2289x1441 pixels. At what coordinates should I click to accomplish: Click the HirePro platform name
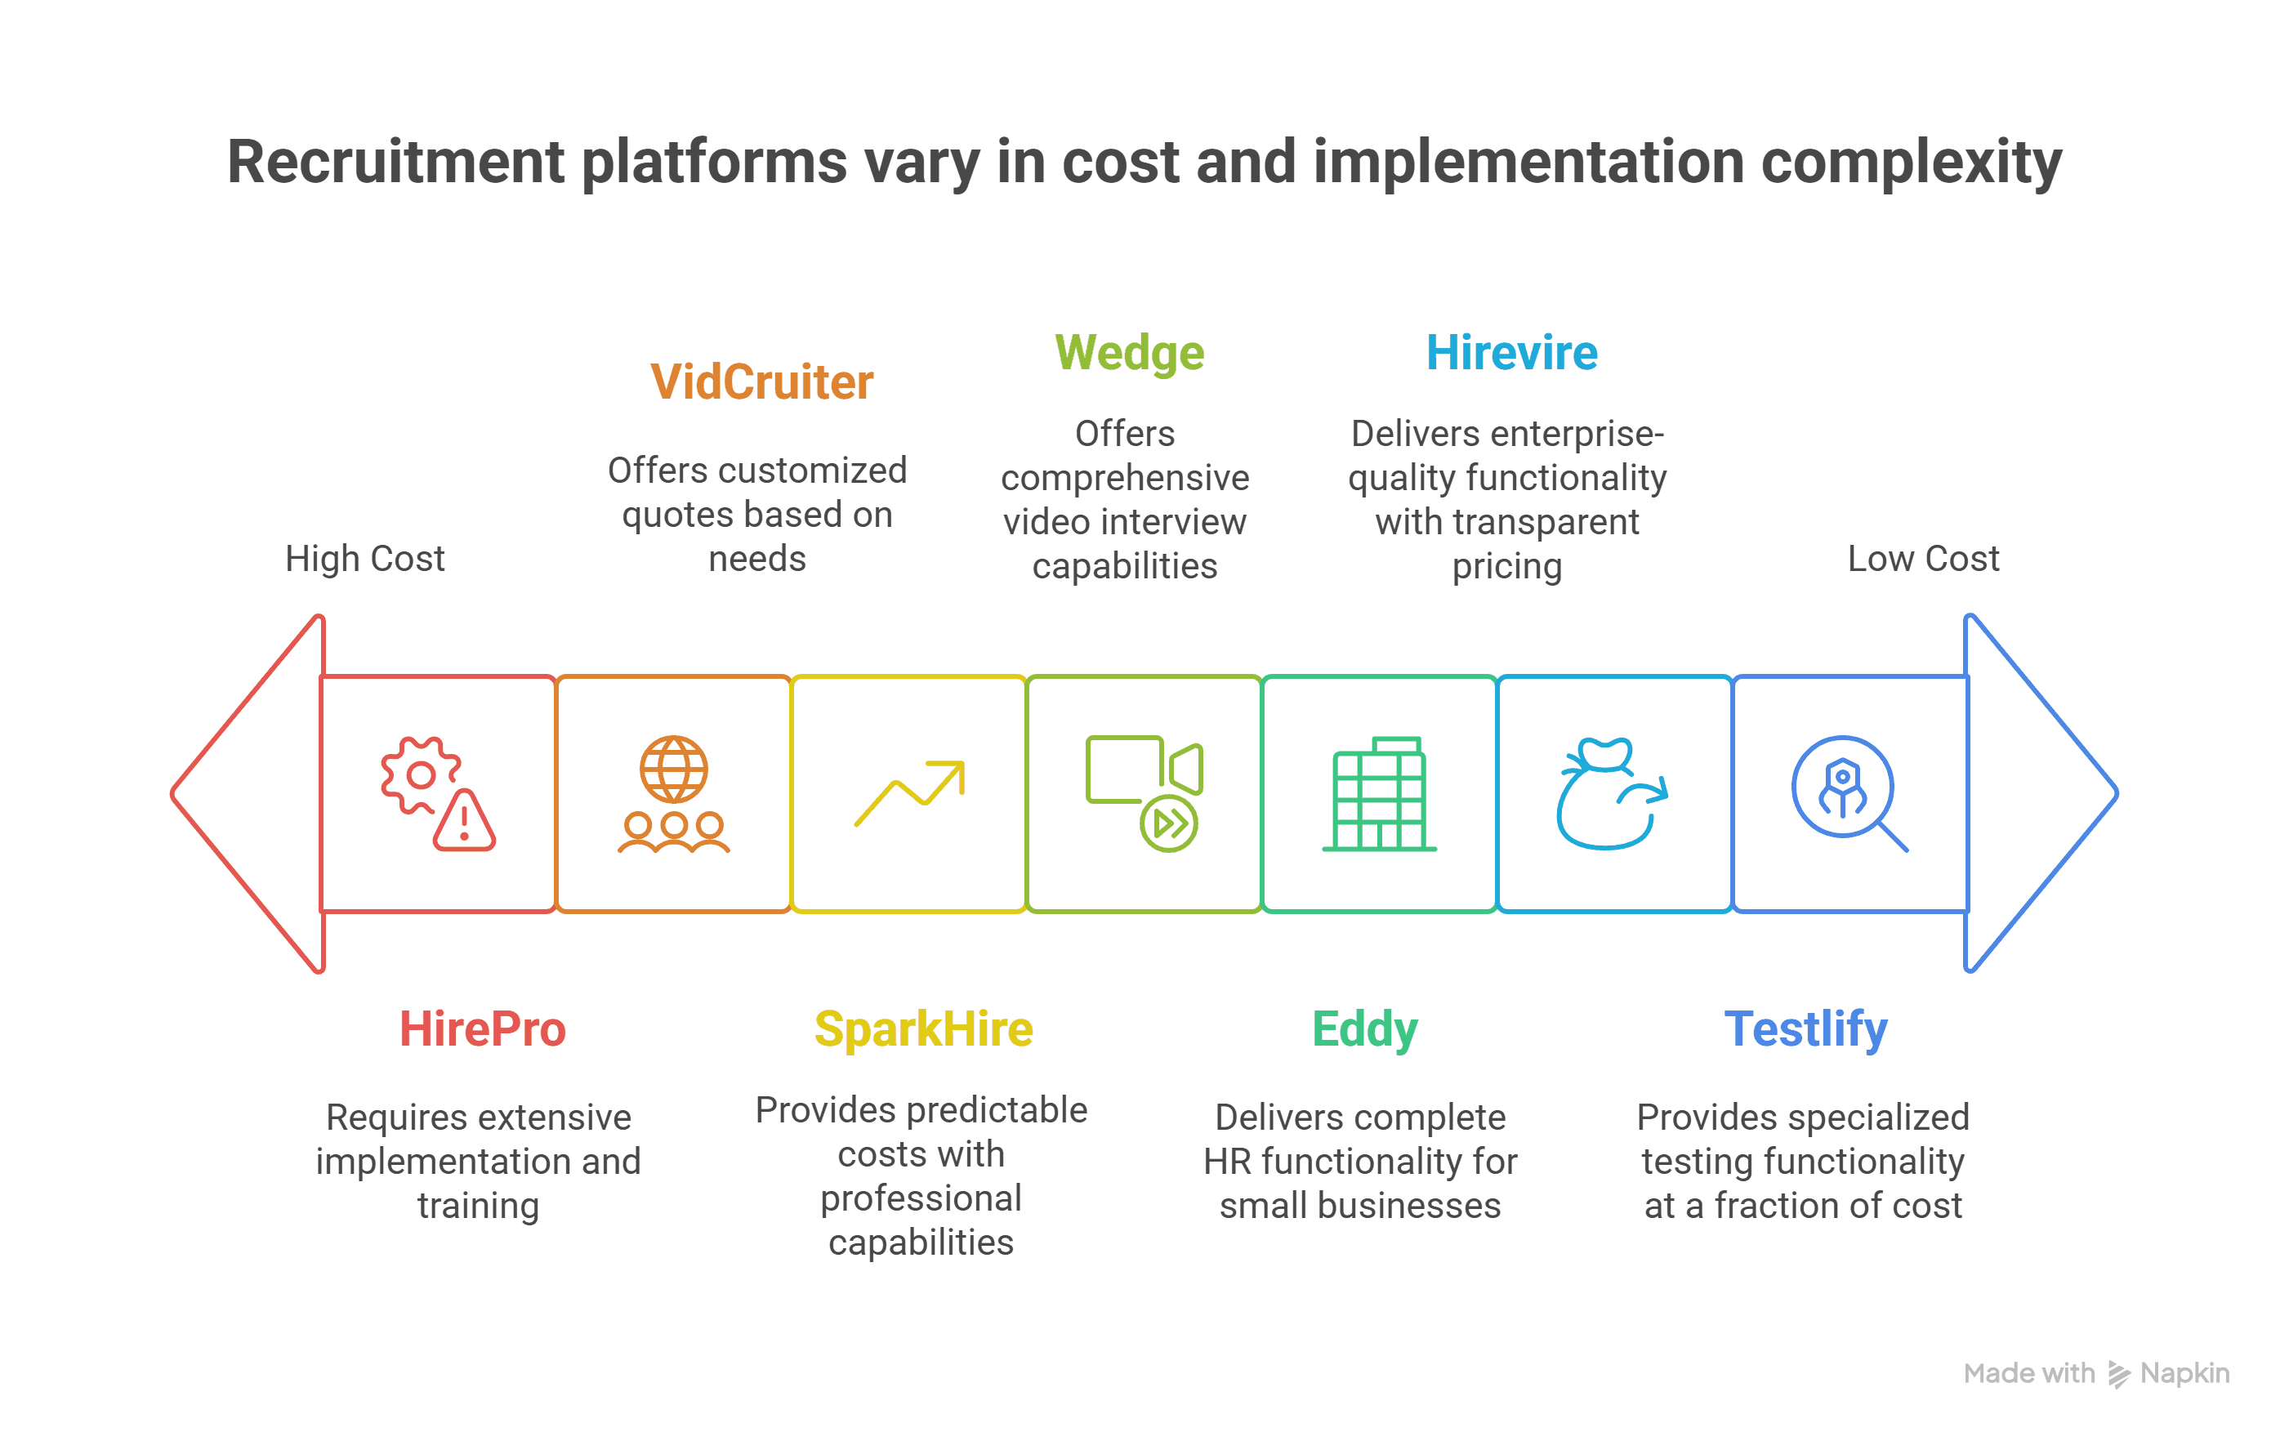(x=482, y=1028)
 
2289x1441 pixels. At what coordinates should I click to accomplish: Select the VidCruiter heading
(x=761, y=382)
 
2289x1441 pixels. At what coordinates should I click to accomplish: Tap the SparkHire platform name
(x=923, y=1028)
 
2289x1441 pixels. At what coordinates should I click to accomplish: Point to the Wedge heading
(x=1129, y=355)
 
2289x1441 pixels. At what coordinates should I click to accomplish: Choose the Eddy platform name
(x=1365, y=1030)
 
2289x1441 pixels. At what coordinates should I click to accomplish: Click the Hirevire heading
(x=1511, y=353)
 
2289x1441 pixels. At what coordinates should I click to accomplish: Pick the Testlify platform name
(x=1806, y=1030)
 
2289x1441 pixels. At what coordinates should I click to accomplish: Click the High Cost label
(x=365, y=558)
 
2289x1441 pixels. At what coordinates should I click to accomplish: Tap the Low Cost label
(x=1923, y=558)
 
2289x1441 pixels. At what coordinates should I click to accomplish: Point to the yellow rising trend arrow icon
(x=910, y=792)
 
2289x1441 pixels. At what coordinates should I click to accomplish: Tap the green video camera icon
(x=1144, y=792)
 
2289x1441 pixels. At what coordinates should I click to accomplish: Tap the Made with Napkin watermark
(x=2096, y=1373)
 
